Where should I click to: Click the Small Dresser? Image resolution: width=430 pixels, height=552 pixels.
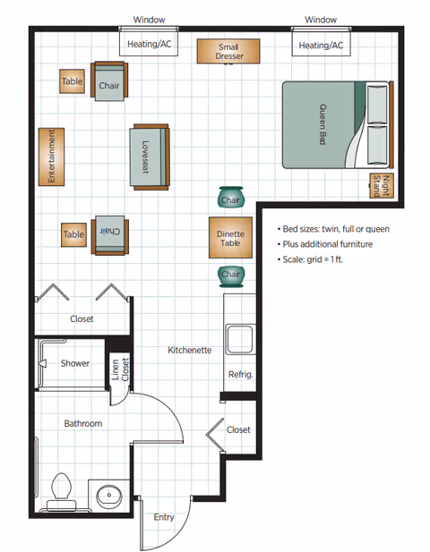tap(228, 52)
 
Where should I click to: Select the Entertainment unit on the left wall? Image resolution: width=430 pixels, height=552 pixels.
tap(53, 157)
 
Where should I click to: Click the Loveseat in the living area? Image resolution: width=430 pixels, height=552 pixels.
tap(149, 157)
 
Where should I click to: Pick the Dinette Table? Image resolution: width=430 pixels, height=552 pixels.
tap(230, 237)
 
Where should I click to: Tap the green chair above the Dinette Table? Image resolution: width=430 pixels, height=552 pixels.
tap(230, 198)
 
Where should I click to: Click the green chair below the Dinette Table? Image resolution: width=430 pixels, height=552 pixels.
tap(230, 275)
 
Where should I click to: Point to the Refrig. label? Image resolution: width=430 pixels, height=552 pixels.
tap(239, 374)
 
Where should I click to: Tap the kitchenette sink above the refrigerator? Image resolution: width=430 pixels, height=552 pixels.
tap(240, 340)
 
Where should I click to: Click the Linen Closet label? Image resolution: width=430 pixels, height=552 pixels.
tap(119, 369)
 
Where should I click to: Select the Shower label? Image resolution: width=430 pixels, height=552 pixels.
tap(75, 363)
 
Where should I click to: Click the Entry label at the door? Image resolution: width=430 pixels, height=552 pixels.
tap(164, 517)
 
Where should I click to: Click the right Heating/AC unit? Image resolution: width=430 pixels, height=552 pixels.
tap(320, 45)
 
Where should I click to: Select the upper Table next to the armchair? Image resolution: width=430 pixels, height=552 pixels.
tap(72, 81)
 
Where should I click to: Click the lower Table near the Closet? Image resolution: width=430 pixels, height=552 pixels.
tap(73, 234)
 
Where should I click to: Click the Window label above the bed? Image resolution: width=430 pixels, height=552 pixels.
tap(320, 19)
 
